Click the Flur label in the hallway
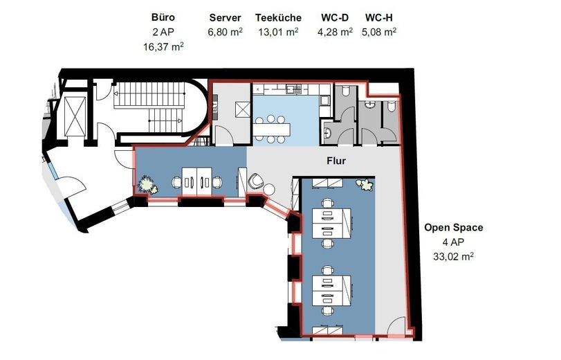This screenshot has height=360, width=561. tap(336, 161)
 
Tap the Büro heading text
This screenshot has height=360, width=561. tap(163, 17)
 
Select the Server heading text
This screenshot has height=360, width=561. tap(225, 17)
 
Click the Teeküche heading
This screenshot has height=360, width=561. tap(278, 17)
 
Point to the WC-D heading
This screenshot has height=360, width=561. tap(335, 17)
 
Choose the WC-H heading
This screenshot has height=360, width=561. tap(379, 17)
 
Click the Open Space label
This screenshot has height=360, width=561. tap(453, 228)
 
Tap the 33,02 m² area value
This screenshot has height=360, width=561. tap(453, 256)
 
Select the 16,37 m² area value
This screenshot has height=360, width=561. tap(163, 46)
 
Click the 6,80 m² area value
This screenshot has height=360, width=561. tap(225, 32)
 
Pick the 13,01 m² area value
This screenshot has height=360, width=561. tap(278, 32)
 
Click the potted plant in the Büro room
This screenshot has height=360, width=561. tap(147, 185)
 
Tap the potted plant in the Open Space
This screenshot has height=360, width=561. tap(365, 185)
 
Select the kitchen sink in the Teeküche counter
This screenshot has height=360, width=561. tap(293, 89)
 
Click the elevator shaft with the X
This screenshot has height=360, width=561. tap(75, 116)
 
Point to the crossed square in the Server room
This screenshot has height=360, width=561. tap(243, 109)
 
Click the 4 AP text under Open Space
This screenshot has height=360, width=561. tap(453, 242)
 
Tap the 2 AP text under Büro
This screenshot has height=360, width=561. tap(163, 32)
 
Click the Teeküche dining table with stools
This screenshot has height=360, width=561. tap(272, 129)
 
